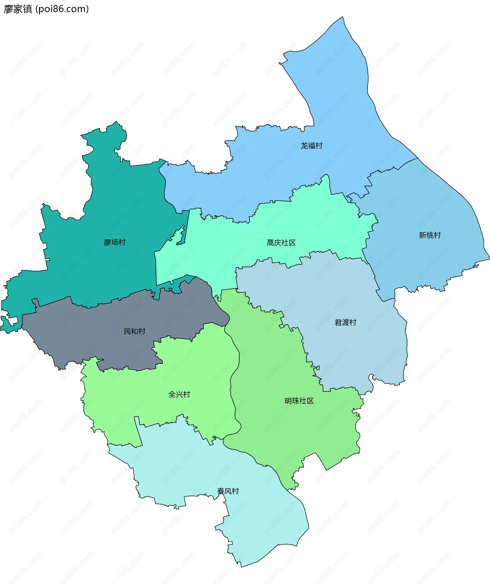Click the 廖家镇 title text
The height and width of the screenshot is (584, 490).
18,9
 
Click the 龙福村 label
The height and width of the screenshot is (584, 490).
311,146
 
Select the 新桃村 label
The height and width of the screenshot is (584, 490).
430,235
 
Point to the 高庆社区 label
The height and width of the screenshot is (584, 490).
281,243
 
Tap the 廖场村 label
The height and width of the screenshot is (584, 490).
115,242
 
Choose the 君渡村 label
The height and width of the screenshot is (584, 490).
345,323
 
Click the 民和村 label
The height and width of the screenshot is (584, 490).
135,332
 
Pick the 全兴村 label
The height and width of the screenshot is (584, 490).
179,394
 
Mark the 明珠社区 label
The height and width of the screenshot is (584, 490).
299,401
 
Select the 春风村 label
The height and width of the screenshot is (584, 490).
228,491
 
